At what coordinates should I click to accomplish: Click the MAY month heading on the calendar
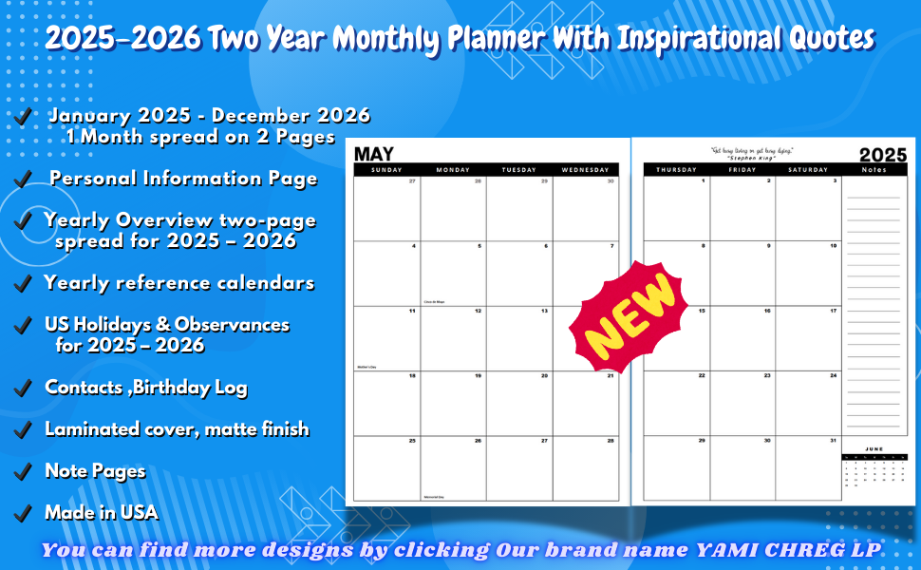coord(374,153)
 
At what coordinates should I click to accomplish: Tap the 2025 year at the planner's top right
coord(883,155)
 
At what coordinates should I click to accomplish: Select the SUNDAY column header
coord(386,170)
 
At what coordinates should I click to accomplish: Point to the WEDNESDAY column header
coord(586,170)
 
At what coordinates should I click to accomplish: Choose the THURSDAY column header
coord(676,170)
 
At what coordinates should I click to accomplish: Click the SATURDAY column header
coord(808,170)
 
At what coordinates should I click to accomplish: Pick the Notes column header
coord(874,170)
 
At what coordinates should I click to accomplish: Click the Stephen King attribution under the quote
coord(752,158)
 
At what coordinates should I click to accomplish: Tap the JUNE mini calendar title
coord(874,448)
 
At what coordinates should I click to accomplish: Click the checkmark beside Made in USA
coord(23,513)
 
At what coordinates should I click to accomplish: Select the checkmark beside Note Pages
coord(23,472)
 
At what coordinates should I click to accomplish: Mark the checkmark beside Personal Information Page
coord(23,180)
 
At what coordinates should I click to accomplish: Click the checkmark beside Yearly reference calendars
coord(23,284)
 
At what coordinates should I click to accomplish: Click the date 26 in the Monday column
coord(478,441)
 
